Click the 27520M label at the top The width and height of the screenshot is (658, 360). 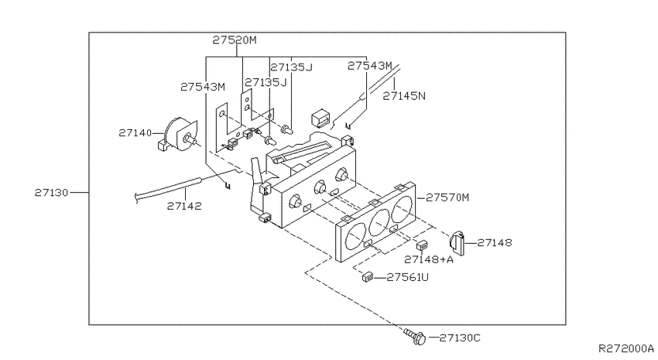tap(234, 39)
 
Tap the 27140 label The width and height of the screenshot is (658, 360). tap(135, 133)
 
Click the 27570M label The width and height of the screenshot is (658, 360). tap(447, 197)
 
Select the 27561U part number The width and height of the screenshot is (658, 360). tap(407, 276)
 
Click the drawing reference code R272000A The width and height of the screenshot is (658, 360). tap(625, 350)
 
